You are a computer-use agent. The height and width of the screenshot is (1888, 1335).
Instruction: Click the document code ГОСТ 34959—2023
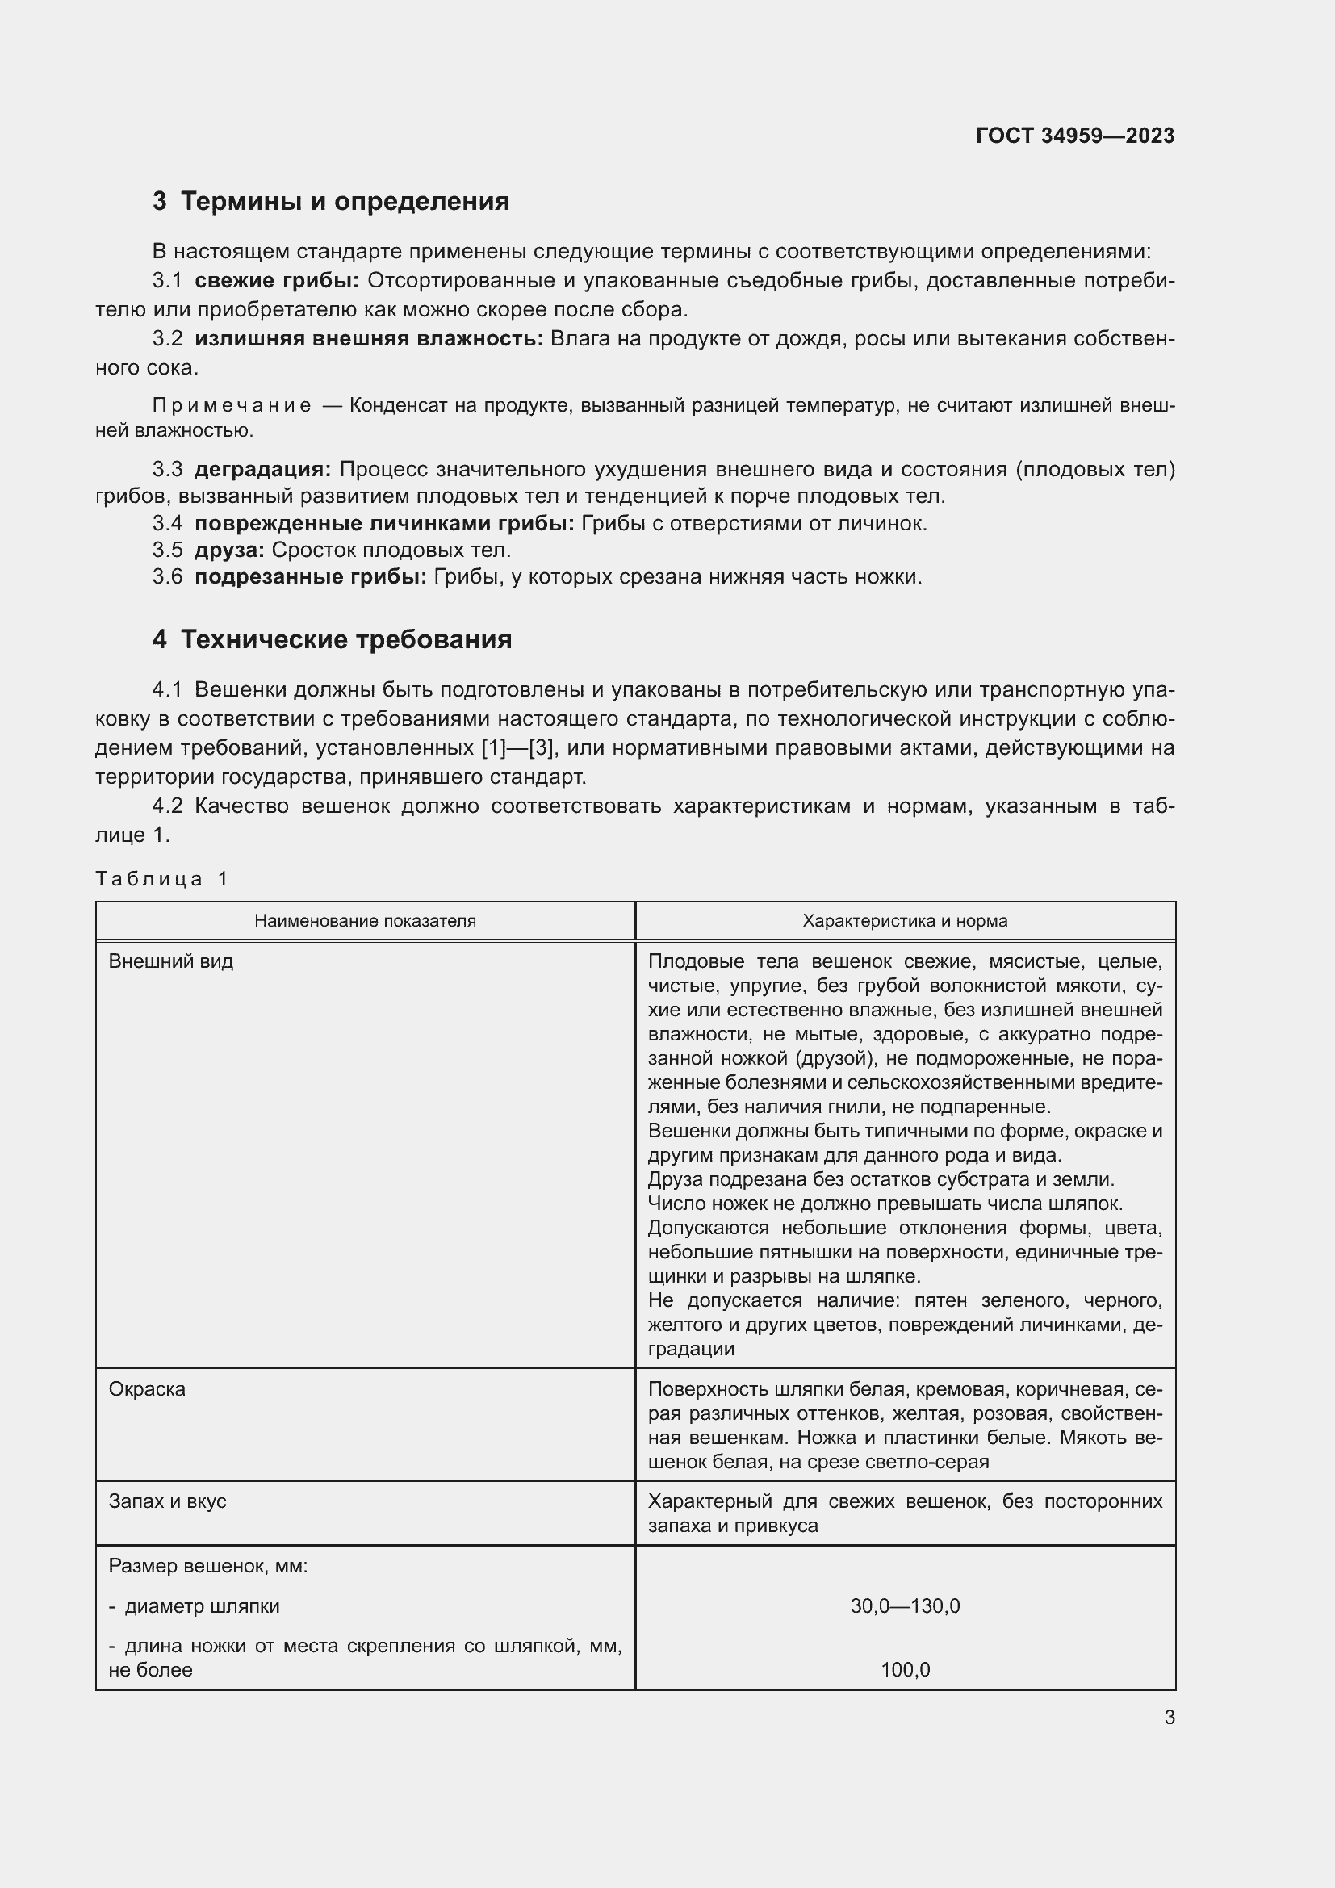(x=1074, y=136)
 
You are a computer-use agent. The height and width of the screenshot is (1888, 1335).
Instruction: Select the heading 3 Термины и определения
(x=330, y=202)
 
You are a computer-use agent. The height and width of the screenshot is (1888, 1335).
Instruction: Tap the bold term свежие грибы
(x=276, y=281)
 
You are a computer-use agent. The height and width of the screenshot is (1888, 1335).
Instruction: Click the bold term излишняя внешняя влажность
(x=368, y=339)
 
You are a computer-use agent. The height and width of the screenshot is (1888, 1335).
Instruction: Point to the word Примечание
(x=232, y=405)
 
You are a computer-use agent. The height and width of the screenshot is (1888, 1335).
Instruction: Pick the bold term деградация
(x=262, y=470)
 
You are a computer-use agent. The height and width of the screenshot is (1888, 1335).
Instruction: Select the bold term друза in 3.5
(x=229, y=550)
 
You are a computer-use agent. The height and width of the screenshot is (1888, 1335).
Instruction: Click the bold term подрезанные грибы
(x=310, y=577)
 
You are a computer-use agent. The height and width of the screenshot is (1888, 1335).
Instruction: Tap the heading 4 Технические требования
(x=331, y=640)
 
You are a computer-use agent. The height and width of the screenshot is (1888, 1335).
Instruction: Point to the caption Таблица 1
(x=161, y=879)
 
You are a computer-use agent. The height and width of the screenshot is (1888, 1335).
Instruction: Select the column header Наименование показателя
(x=365, y=921)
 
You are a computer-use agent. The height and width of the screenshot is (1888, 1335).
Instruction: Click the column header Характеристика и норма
(x=904, y=921)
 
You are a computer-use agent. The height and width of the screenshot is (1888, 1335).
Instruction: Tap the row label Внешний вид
(x=171, y=961)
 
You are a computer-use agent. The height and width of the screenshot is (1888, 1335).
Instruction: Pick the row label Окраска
(x=147, y=1389)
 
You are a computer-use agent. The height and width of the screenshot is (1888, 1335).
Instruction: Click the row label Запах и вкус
(x=167, y=1501)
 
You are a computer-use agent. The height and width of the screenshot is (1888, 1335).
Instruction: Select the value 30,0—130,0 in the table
(x=904, y=1606)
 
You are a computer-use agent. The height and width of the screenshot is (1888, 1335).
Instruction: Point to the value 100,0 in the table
(x=904, y=1670)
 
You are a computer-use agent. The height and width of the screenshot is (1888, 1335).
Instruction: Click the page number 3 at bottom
(x=1169, y=1718)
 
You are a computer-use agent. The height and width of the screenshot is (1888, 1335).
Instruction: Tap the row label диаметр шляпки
(x=202, y=1606)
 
